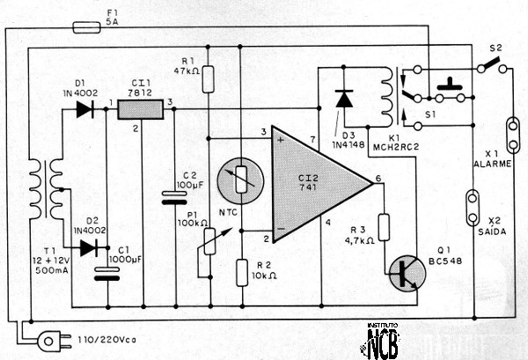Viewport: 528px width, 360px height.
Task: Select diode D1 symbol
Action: click(x=84, y=110)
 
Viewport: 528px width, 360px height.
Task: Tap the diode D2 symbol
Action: click(x=88, y=247)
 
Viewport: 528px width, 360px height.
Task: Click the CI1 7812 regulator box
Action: click(x=141, y=109)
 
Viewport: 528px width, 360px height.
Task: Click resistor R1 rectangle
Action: click(x=208, y=80)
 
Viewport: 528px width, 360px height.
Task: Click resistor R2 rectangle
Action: click(x=240, y=272)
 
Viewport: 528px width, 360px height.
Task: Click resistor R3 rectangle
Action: click(x=383, y=226)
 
